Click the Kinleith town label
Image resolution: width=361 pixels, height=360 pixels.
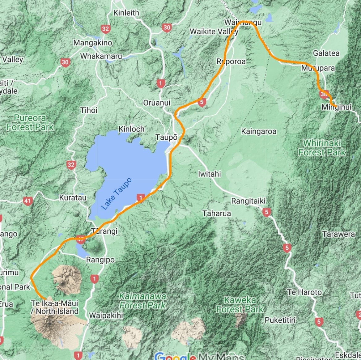[x=126, y=13]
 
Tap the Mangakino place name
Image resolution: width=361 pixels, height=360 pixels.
[x=93, y=43]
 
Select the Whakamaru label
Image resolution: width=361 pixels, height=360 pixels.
[x=101, y=56]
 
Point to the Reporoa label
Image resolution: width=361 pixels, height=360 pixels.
[x=231, y=61]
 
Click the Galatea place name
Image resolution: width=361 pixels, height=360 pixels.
[x=326, y=53]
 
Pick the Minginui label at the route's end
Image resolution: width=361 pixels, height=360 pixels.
[x=337, y=107]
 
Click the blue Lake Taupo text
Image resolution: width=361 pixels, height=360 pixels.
[x=116, y=194]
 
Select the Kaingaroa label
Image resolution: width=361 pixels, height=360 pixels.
[x=258, y=132]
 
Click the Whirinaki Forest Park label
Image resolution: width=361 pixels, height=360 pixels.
[x=322, y=148]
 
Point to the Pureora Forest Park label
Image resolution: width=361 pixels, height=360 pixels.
[x=30, y=122]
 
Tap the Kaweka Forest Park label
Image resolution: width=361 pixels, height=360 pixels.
[x=240, y=304]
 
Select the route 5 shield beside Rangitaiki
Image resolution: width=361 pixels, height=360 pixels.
[x=266, y=212]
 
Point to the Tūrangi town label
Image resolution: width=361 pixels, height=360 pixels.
[x=104, y=231]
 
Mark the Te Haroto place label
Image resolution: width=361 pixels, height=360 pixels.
[x=304, y=292]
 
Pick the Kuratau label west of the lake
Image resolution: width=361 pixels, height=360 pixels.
[x=73, y=197]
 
